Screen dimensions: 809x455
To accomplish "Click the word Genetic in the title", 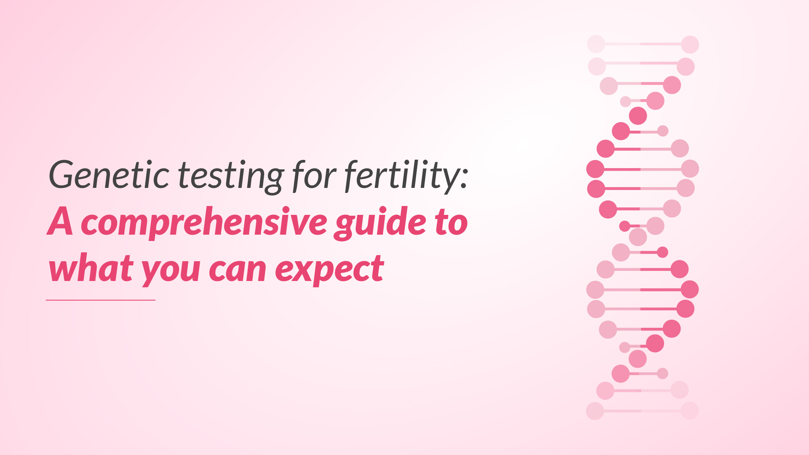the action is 109,175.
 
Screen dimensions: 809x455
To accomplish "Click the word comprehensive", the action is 204,222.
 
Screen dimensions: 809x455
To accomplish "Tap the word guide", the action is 380,222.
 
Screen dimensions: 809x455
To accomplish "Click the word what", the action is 91,268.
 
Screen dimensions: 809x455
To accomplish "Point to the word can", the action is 238,270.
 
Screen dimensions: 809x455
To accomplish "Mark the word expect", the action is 329,270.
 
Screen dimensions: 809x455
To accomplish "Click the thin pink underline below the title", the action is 101,300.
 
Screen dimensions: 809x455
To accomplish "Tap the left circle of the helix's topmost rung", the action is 596,44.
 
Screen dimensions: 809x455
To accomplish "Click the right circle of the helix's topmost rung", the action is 690,44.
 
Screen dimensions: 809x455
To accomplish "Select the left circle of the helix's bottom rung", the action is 595,411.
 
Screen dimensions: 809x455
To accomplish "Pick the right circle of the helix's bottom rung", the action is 690,411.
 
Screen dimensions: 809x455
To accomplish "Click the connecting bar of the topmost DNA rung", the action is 643,44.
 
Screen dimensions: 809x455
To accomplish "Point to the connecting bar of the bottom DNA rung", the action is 643,411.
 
